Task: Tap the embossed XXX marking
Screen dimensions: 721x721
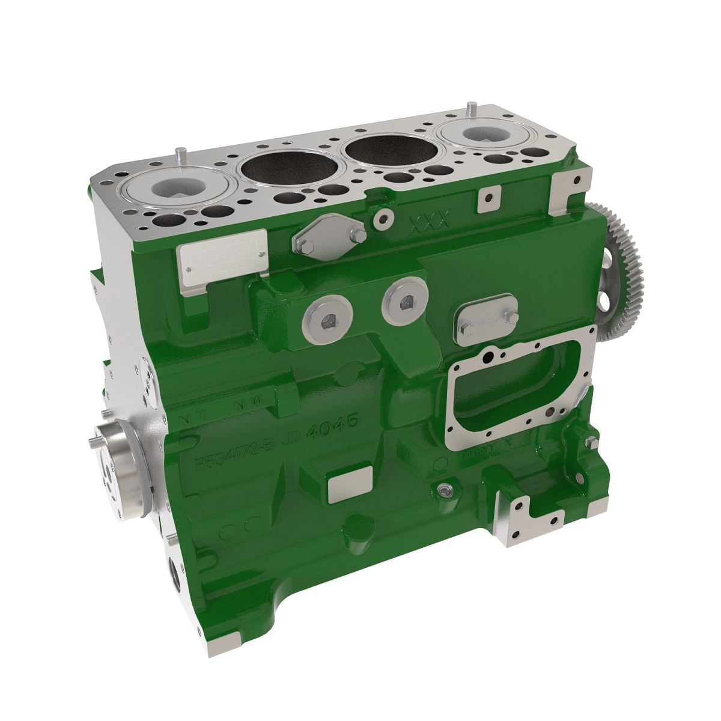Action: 429,224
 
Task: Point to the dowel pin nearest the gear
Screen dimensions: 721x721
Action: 467,110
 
